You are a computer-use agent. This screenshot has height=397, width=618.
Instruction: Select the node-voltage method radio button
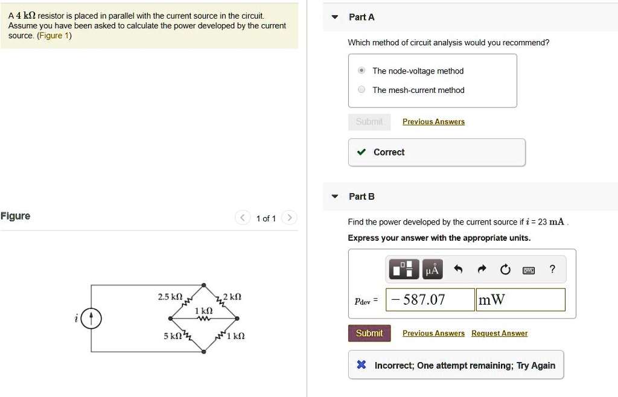pyautogui.click(x=361, y=71)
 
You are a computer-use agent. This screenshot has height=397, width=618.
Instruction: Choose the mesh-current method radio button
pyautogui.click(x=361, y=90)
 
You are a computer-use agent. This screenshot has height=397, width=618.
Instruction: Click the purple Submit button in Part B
pyautogui.click(x=369, y=333)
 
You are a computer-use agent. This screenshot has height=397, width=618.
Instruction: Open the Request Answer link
pyautogui.click(x=499, y=333)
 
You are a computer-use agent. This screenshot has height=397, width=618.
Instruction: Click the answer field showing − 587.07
pyautogui.click(x=430, y=300)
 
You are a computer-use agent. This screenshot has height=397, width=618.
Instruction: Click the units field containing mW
pyautogui.click(x=520, y=300)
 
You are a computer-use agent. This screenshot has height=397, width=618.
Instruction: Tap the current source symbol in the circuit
pyautogui.click(x=92, y=319)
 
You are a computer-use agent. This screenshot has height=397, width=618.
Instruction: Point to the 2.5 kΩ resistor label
pyautogui.click(x=170, y=297)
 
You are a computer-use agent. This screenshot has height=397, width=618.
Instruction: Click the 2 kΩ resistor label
pyautogui.click(x=232, y=297)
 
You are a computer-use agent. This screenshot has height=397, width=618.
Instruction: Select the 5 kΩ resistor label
pyautogui.click(x=173, y=335)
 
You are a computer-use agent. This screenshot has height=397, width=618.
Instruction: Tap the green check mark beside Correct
pyautogui.click(x=361, y=152)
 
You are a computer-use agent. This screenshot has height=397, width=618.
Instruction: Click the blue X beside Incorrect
pyautogui.click(x=361, y=365)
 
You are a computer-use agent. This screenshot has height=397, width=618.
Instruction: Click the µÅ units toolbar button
pyautogui.click(x=432, y=269)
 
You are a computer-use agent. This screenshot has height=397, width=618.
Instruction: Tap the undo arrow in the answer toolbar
pyautogui.click(x=458, y=270)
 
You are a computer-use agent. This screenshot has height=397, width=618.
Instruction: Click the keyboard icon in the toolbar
pyautogui.click(x=529, y=270)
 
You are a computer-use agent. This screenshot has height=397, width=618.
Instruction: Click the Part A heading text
pyautogui.click(x=362, y=17)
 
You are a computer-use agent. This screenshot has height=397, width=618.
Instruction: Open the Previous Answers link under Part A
pyautogui.click(x=433, y=122)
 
